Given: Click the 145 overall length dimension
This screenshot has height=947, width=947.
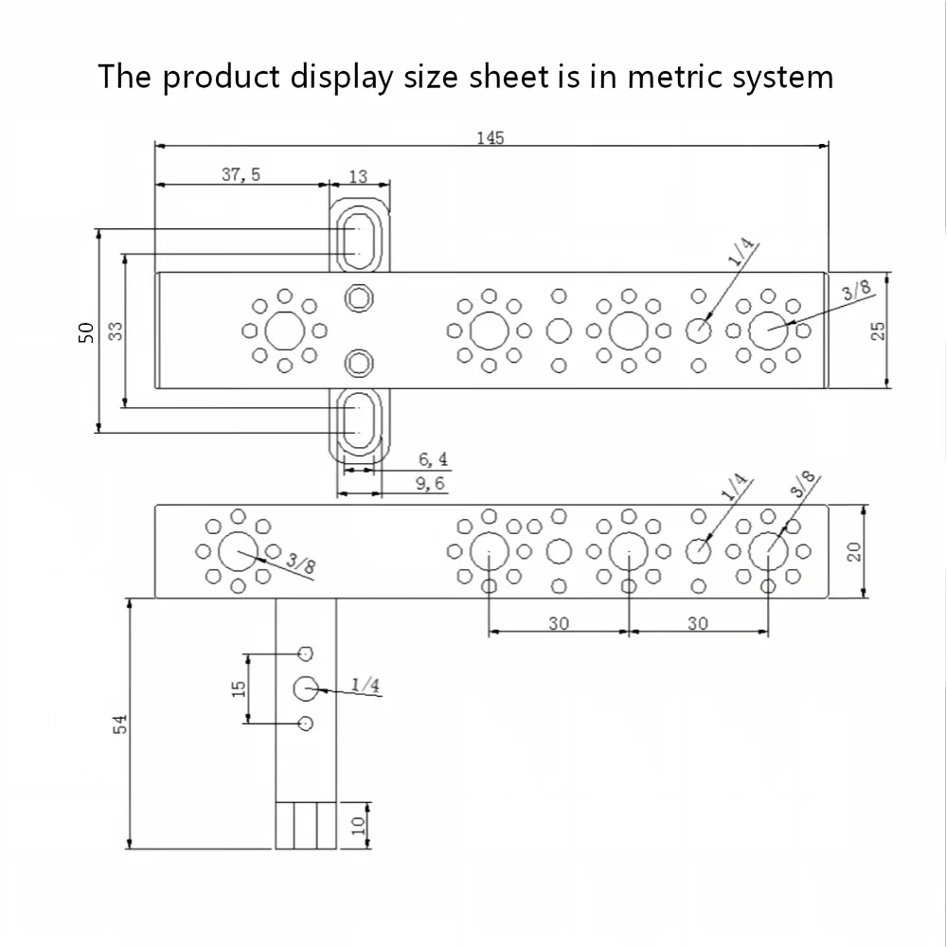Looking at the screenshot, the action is point(490,138).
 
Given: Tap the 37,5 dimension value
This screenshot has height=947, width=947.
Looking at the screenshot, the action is point(241,174).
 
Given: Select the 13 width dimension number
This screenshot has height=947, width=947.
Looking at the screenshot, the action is point(358,176).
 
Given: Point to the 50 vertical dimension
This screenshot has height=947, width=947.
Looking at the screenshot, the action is point(87,332).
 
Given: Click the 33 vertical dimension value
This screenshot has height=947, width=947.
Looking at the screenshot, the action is point(116,331).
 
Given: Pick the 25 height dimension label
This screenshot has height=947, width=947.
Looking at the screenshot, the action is point(878,331).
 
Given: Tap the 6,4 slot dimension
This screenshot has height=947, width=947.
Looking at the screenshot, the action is point(434,459).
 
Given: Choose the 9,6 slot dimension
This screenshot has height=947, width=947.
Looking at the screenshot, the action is point(430,483).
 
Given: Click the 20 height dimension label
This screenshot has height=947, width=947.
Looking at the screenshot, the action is point(854,551).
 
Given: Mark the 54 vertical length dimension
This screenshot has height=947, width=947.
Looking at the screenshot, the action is point(121,724).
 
